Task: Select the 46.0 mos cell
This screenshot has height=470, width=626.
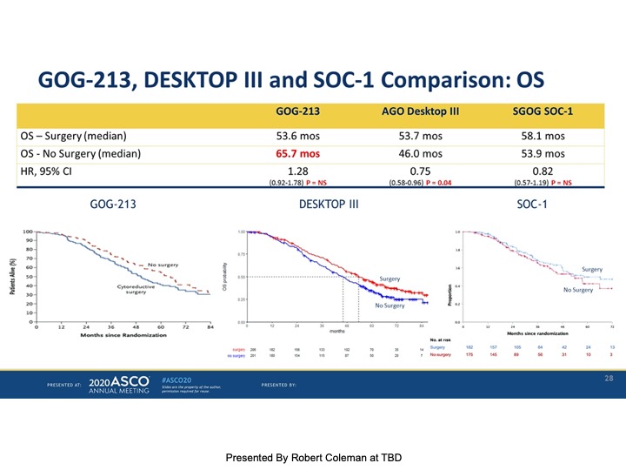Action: pyautogui.click(x=420, y=154)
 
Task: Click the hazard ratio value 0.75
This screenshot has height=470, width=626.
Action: pyautogui.click(x=420, y=171)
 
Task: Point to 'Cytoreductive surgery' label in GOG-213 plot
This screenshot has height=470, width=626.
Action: pyautogui.click(x=135, y=289)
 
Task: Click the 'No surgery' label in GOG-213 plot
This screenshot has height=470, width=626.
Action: pyautogui.click(x=163, y=265)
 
